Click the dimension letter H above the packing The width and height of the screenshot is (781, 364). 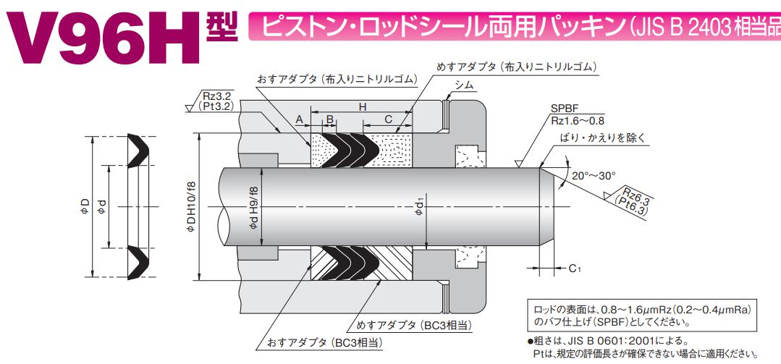363,107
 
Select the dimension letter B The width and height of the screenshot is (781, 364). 329,119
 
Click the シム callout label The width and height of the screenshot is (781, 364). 464,85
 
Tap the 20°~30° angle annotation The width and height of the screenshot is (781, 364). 593,175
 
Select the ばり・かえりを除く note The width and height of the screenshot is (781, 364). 601,137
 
